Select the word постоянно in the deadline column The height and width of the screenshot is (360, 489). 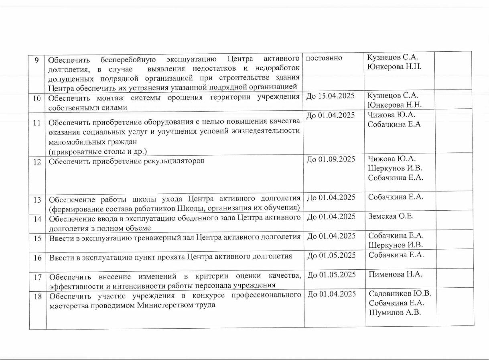(324, 58)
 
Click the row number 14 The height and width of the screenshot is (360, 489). (37, 219)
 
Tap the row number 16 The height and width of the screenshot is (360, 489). (37, 258)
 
